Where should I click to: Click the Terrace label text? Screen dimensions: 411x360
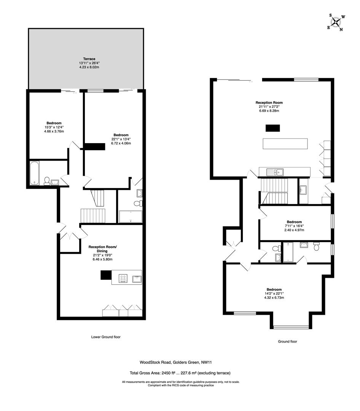click(x=87, y=59)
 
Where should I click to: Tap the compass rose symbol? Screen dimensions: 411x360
click(x=337, y=22)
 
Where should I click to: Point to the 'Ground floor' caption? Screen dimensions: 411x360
click(x=287, y=341)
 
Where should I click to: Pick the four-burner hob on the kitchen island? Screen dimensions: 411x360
click(x=123, y=279)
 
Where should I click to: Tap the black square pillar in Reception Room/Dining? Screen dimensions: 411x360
click(x=105, y=275)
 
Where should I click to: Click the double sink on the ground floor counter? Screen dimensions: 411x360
click(x=275, y=172)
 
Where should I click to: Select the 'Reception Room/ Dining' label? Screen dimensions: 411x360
click(x=103, y=249)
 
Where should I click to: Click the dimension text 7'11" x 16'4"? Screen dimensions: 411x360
click(x=294, y=226)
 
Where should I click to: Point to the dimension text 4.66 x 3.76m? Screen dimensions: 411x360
click(x=54, y=132)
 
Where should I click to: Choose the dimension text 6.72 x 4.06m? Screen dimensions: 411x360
click(x=121, y=143)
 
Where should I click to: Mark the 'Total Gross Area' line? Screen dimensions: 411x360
click(x=180, y=373)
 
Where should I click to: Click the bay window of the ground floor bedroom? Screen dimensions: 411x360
click(x=292, y=327)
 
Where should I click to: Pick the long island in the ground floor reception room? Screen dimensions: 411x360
click(x=285, y=143)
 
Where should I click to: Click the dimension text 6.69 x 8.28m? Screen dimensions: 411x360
click(x=269, y=111)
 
